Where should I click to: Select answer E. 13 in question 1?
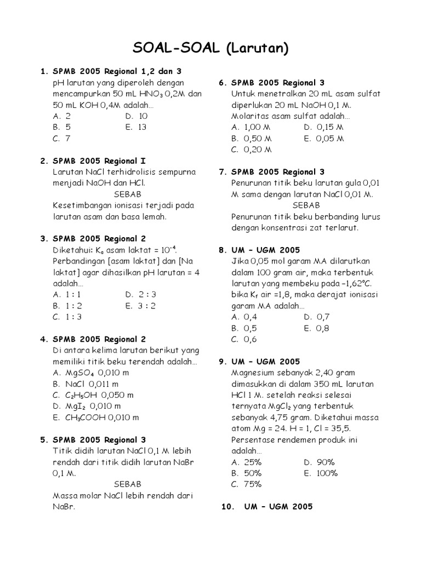[x=136, y=127]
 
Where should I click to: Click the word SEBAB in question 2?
[x=128, y=194]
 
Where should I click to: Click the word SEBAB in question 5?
[x=128, y=484]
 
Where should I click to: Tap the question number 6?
[x=223, y=83]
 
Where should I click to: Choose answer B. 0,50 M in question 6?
[x=252, y=139]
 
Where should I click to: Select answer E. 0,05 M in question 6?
[x=323, y=139]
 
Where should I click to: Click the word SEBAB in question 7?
[x=306, y=205]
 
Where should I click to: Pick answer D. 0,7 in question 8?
[x=316, y=317]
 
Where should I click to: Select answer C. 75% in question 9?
[x=246, y=484]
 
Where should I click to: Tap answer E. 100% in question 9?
[x=321, y=473]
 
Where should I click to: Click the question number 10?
[x=227, y=507]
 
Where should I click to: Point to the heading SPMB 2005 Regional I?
[x=99, y=161]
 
